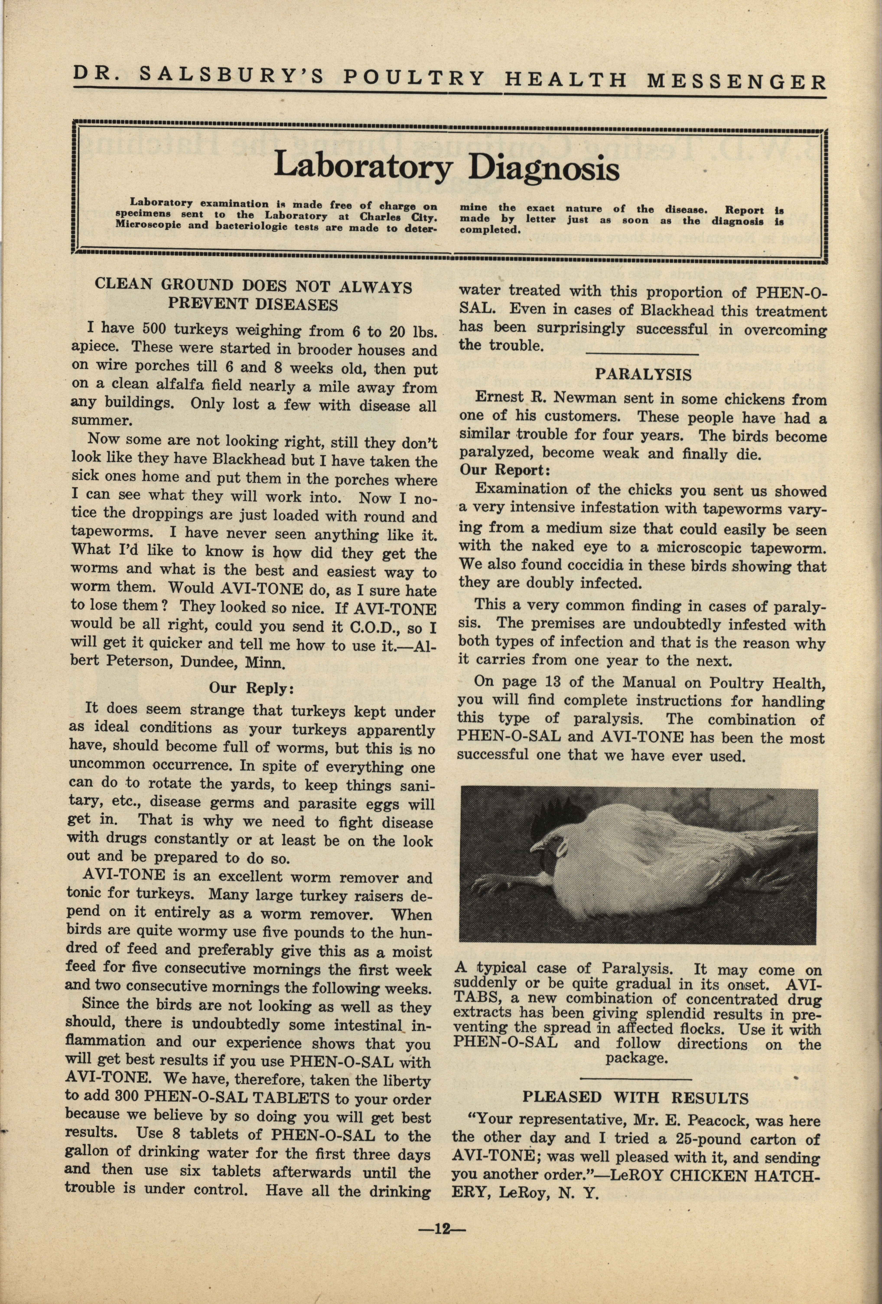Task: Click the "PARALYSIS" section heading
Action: point(643,374)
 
